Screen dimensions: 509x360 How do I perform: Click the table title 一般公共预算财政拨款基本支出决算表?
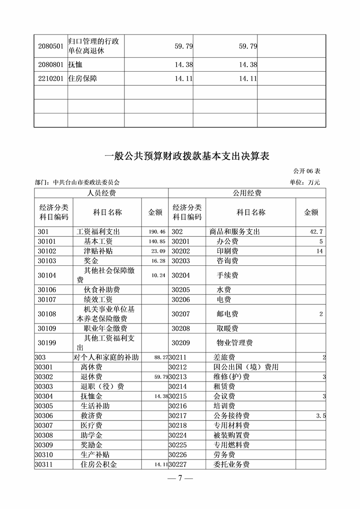click(187, 157)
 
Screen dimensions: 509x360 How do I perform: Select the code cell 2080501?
click(51, 46)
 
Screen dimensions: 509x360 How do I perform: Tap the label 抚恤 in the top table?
click(75, 64)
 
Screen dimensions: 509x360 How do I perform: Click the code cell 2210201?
click(51, 78)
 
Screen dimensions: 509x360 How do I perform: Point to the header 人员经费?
click(101, 193)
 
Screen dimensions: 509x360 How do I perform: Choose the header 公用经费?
click(247, 193)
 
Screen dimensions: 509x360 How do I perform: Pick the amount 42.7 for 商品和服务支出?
click(316, 232)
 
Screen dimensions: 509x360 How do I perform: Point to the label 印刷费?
click(227, 251)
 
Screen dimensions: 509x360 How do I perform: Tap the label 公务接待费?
click(231, 416)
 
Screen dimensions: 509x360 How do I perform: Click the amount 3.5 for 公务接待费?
click(321, 416)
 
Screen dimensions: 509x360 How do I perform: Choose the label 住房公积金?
click(99, 464)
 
